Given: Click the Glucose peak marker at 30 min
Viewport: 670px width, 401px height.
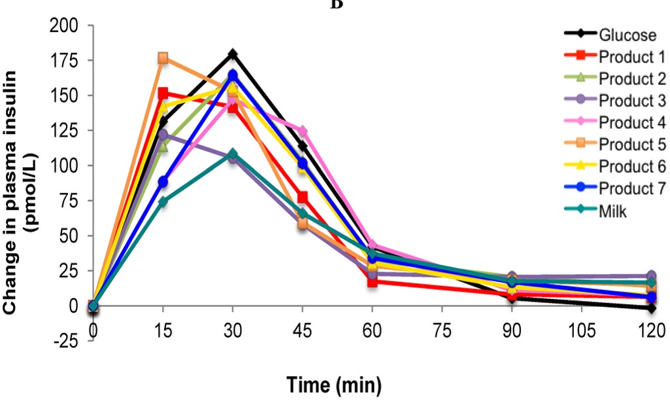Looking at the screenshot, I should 233,54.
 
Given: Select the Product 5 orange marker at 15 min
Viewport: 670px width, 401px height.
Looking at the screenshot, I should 163,58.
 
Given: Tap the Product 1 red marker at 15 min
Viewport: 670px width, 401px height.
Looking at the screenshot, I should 163,94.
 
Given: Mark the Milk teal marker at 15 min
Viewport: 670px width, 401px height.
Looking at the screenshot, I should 163,201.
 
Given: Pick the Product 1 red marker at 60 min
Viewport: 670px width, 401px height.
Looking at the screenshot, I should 372,282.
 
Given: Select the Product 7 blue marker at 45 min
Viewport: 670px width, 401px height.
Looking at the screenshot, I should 302,163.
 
